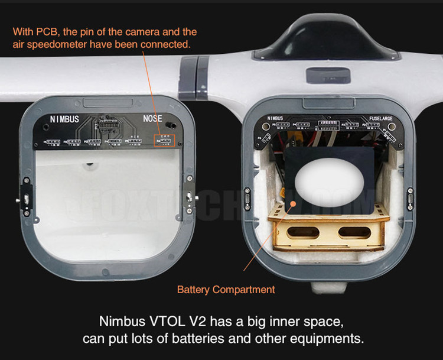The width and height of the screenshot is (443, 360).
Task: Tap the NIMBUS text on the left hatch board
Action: (64, 119)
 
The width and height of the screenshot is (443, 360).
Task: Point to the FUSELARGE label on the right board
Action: (382, 118)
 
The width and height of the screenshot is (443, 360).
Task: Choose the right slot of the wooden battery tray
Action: (354, 232)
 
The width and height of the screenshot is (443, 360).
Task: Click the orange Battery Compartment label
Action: (226, 290)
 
